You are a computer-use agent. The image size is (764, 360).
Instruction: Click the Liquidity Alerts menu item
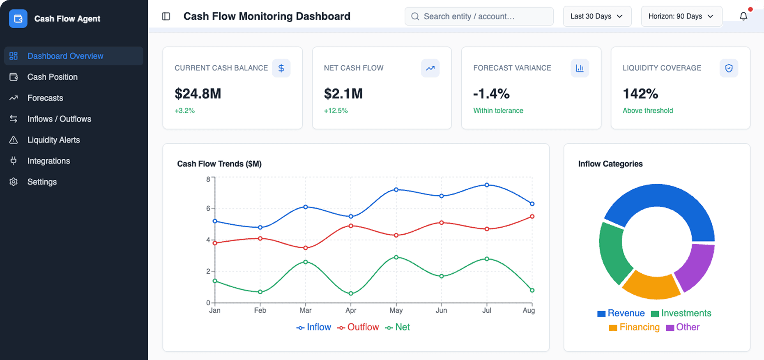pyautogui.click(x=53, y=140)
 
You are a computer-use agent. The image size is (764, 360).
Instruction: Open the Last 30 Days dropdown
pyautogui.click(x=596, y=16)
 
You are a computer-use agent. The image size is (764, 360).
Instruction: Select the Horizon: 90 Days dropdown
pyautogui.click(x=681, y=16)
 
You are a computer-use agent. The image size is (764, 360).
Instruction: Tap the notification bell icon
pyautogui.click(x=743, y=16)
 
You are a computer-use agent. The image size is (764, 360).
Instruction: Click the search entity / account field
pyautogui.click(x=479, y=16)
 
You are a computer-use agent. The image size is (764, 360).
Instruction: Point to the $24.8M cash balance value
pyautogui.click(x=198, y=94)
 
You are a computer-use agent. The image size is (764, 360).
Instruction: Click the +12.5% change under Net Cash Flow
pyautogui.click(x=336, y=111)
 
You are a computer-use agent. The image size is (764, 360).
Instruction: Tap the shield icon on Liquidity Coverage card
pyautogui.click(x=728, y=68)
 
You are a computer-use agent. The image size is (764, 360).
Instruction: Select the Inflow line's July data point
pyautogui.click(x=487, y=185)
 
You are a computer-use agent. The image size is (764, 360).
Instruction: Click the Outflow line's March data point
pyautogui.click(x=305, y=248)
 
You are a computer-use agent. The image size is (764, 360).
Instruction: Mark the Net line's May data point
pyautogui.click(x=396, y=257)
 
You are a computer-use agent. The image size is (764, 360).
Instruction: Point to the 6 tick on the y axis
pyautogui.click(x=208, y=208)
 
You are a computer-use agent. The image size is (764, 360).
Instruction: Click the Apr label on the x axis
pyautogui.click(x=351, y=310)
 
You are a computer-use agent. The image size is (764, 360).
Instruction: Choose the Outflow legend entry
pyautogui.click(x=358, y=327)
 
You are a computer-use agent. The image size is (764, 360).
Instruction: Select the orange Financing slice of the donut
pyautogui.click(x=651, y=286)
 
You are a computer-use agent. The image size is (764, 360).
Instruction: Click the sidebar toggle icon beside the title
pyautogui.click(x=166, y=16)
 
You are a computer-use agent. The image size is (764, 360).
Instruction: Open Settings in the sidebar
pyautogui.click(x=42, y=182)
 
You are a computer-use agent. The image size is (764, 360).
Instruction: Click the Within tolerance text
pyautogui.click(x=498, y=111)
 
